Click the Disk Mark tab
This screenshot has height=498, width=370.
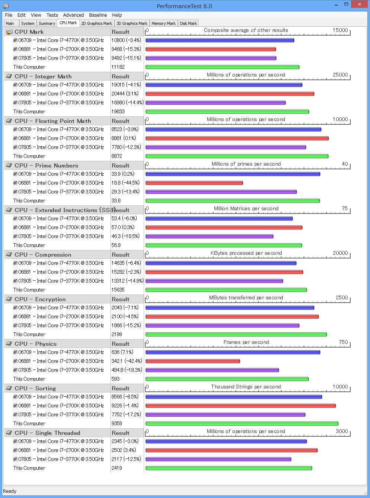coord(188,23)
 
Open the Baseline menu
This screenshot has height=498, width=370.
coord(98,15)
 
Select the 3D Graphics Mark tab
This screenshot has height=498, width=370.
coord(132,23)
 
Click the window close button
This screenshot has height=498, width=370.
coord(359,4)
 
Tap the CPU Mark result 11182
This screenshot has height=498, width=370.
coord(118,67)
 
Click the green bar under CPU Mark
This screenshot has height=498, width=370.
coord(222,67)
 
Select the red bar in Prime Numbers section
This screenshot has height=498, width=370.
coord(194,183)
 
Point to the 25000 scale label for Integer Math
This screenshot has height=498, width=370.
coord(340,75)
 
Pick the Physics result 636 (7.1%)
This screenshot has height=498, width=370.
coord(122,352)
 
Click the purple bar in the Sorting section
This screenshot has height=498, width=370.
coord(225,415)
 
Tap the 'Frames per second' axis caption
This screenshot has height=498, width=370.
coord(246,342)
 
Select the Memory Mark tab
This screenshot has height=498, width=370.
coord(163,23)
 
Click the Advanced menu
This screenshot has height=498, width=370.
coord(73,15)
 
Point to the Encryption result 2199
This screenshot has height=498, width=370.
coord(117,334)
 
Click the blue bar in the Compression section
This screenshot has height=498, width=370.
coord(221,263)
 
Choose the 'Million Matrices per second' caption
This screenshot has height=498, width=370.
coord(246,208)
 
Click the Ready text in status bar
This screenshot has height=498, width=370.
coord(10,491)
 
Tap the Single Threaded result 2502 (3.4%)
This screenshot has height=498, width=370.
coord(124,450)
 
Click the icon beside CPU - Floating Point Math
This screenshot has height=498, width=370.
coord(9,121)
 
